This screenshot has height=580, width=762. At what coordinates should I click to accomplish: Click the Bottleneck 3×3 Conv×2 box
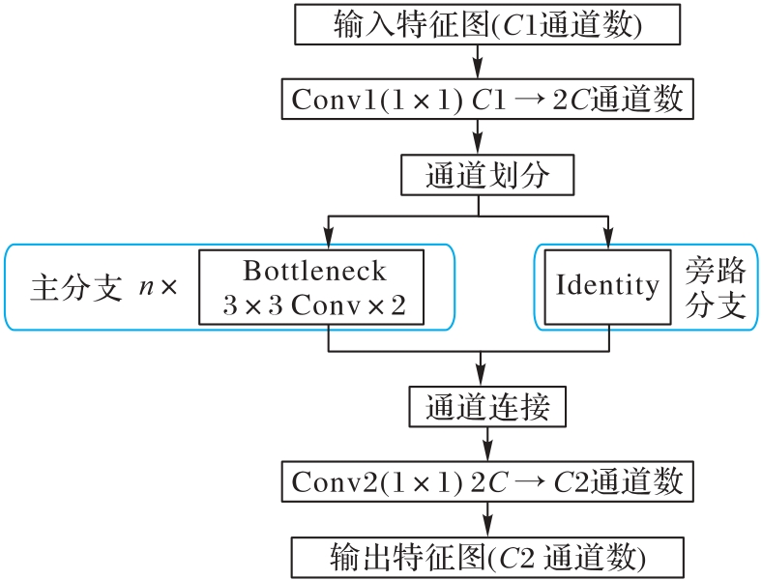[x=311, y=287]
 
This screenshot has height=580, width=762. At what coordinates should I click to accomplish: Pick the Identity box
[x=607, y=287]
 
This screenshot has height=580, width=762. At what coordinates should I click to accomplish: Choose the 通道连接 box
[x=486, y=406]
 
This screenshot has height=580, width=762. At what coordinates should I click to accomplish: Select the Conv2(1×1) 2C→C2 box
[x=486, y=480]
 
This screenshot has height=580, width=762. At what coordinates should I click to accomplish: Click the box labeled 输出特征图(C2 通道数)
[x=486, y=557]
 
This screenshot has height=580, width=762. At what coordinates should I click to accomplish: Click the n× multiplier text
[x=158, y=288]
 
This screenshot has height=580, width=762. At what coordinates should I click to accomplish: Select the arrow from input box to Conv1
[x=479, y=62]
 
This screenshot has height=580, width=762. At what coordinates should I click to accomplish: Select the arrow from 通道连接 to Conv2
[x=486, y=444]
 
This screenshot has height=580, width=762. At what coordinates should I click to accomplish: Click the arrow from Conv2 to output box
[x=486, y=519]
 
